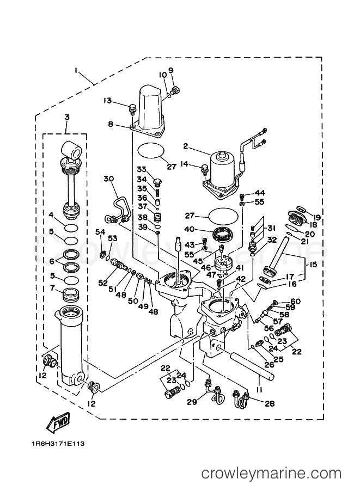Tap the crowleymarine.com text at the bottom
tap(271, 474)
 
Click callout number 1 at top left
tap(77, 70)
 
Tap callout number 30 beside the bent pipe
tap(108, 179)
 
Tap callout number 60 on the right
tap(310, 301)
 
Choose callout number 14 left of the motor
tap(185, 163)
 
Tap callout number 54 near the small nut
tap(99, 233)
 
